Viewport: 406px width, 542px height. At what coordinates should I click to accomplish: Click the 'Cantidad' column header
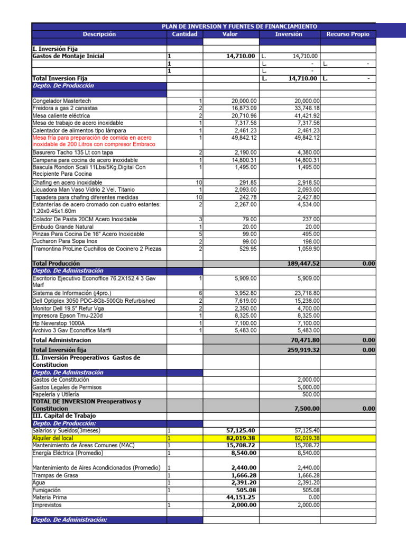(x=184, y=34)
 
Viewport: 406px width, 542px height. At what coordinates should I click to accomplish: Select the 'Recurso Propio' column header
(x=347, y=34)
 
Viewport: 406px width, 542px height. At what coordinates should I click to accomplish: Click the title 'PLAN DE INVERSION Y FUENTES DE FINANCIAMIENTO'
(x=239, y=26)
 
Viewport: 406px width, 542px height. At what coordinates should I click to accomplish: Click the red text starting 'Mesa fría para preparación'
(x=94, y=141)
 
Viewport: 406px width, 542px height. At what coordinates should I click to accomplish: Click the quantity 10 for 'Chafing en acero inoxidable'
(x=198, y=182)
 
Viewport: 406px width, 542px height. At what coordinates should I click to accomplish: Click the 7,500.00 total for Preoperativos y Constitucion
(x=306, y=409)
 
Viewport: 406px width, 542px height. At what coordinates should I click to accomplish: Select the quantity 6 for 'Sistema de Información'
(x=200, y=293)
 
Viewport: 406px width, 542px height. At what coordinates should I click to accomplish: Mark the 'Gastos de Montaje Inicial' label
(x=68, y=56)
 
